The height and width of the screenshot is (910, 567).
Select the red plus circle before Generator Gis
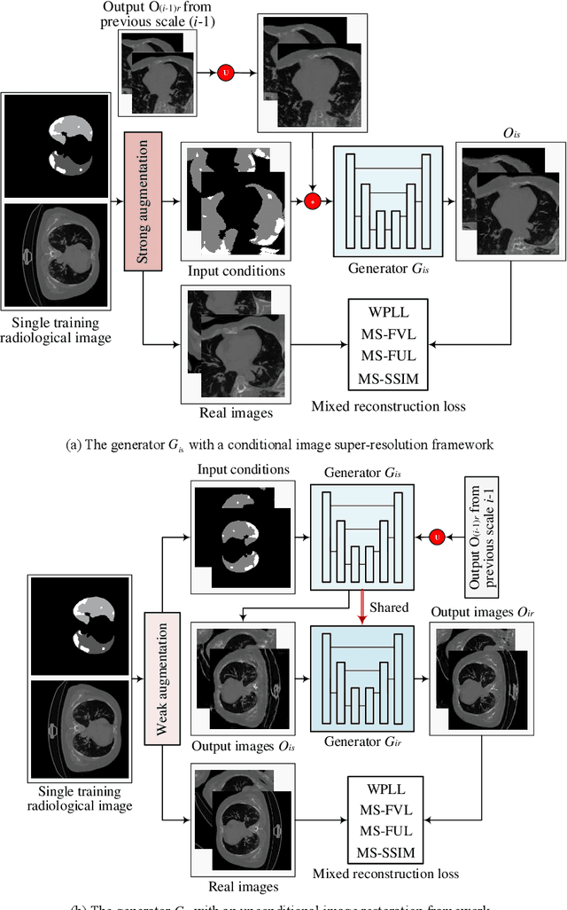click(312, 201)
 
